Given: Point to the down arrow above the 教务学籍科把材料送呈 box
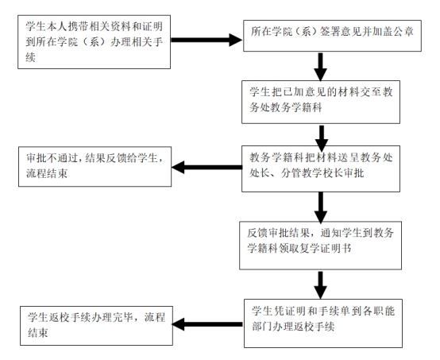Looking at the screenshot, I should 321,132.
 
